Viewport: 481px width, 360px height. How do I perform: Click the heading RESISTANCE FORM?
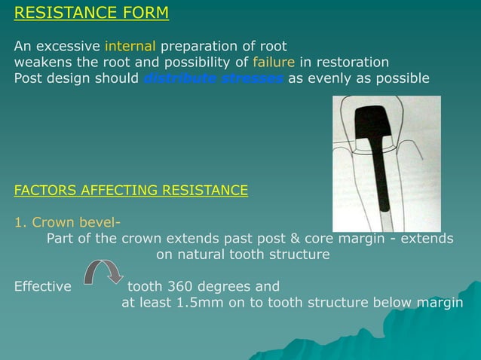91,14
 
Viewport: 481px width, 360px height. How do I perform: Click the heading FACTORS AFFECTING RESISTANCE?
130,190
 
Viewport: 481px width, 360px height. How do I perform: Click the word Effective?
43,286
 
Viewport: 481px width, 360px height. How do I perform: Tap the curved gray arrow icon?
102,272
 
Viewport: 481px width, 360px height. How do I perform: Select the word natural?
200,255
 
